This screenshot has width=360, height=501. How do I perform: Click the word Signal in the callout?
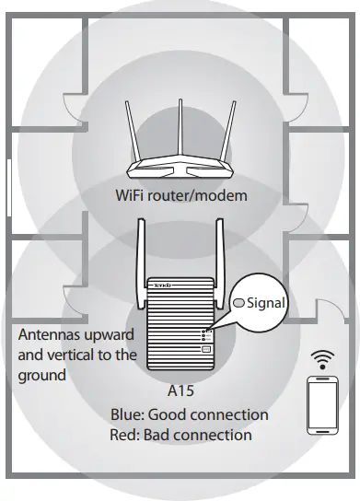(x=268, y=302)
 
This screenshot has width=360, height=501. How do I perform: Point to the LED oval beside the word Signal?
(x=238, y=302)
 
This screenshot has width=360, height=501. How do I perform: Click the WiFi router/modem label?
(x=181, y=195)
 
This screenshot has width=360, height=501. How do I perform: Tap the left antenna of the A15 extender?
(x=142, y=262)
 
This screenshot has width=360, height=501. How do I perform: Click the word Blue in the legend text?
(x=126, y=414)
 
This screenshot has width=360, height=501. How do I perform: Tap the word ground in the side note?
(x=41, y=375)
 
